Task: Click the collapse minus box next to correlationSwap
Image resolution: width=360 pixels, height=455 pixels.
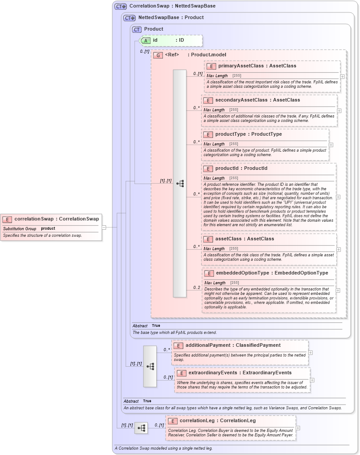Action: pyautogui.click(x=104, y=227)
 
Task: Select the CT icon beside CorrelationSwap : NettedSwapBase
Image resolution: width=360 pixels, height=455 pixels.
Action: pyautogui.click(x=121, y=7)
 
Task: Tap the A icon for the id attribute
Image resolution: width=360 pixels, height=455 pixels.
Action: pyautogui.click(x=146, y=40)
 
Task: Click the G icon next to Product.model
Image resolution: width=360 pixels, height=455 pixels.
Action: pyautogui.click(x=158, y=55)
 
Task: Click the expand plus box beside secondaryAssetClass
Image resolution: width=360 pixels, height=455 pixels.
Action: pyautogui.click(x=339, y=110)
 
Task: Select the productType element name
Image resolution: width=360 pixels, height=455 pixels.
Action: pyautogui.click(x=230, y=134)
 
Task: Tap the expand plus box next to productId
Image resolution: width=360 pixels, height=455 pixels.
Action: pyautogui.click(x=338, y=197)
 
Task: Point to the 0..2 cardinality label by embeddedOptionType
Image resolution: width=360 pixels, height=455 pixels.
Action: pyautogui.click(x=197, y=288)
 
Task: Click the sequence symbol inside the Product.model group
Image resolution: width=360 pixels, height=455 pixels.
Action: pyautogui.click(x=180, y=183)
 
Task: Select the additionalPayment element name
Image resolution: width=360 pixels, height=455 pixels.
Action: pyautogui.click(x=208, y=345)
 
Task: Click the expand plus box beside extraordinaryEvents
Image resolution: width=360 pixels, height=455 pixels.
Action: pyautogui.click(x=313, y=380)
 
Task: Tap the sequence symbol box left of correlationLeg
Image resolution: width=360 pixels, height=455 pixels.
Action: pyautogui.click(x=141, y=428)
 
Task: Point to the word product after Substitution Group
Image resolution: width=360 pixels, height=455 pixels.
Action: pyautogui.click(x=48, y=229)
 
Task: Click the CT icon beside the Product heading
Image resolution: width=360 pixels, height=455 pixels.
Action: pyautogui.click(x=137, y=29)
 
